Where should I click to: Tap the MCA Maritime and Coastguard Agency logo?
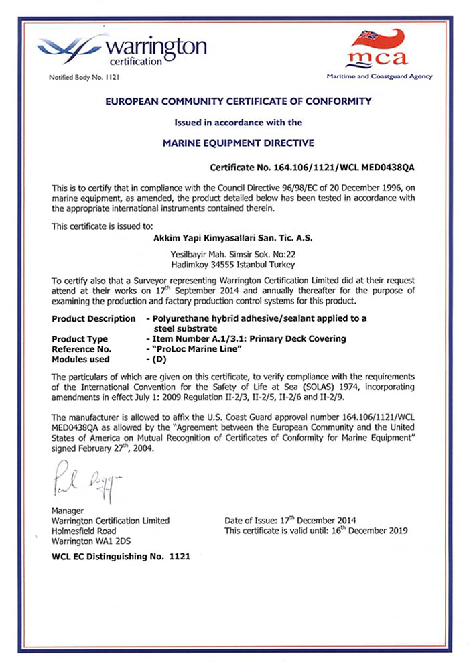click(x=379, y=54)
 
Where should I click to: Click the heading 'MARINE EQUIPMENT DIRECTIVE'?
click(x=238, y=143)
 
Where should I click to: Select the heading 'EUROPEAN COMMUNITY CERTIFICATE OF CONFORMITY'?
click(x=238, y=101)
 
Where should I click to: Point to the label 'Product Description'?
click(x=93, y=318)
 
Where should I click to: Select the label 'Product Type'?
click(x=80, y=339)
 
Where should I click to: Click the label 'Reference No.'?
click(x=82, y=348)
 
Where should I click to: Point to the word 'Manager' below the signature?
click(x=68, y=511)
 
